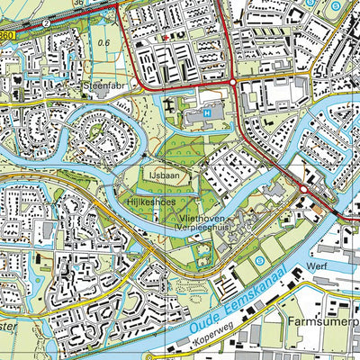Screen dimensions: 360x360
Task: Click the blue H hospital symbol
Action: tap(209, 114)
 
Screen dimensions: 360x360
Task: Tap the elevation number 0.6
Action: tap(103, 41)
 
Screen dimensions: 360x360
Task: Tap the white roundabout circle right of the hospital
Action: tap(234, 82)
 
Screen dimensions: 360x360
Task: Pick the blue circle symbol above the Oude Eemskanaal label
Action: tap(260, 261)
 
